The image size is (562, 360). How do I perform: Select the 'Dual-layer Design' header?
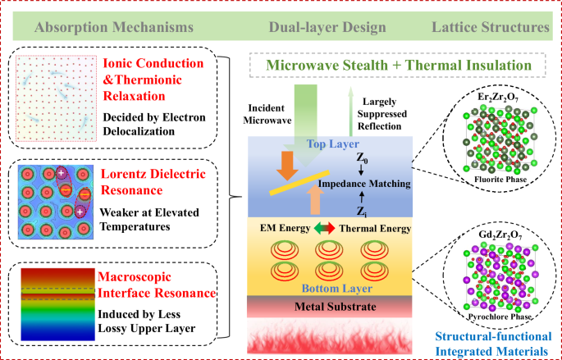(327, 27)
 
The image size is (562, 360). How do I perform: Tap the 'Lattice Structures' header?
(490, 27)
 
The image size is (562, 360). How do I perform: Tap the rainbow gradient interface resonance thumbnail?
(53, 298)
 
